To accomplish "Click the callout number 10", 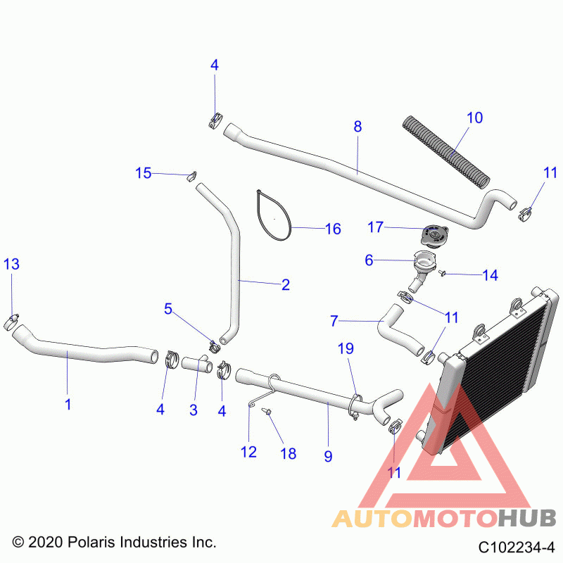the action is coord(474,118).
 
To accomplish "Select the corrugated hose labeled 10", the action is coord(445,151).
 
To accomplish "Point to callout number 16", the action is coord(333,229).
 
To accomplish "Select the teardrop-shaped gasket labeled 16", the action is coord(273,215).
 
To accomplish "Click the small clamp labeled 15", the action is coord(191,176).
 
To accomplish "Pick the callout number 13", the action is coord(11,265).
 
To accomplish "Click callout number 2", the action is coord(286,285).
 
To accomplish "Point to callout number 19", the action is coord(346,348).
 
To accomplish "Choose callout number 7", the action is coord(334,321).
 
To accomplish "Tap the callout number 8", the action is coord(358,127).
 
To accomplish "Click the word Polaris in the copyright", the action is coord(90,542).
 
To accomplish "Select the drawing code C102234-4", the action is coord(517,548).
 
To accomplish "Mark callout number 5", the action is coord(168,309).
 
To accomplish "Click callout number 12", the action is coord(248,452).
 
